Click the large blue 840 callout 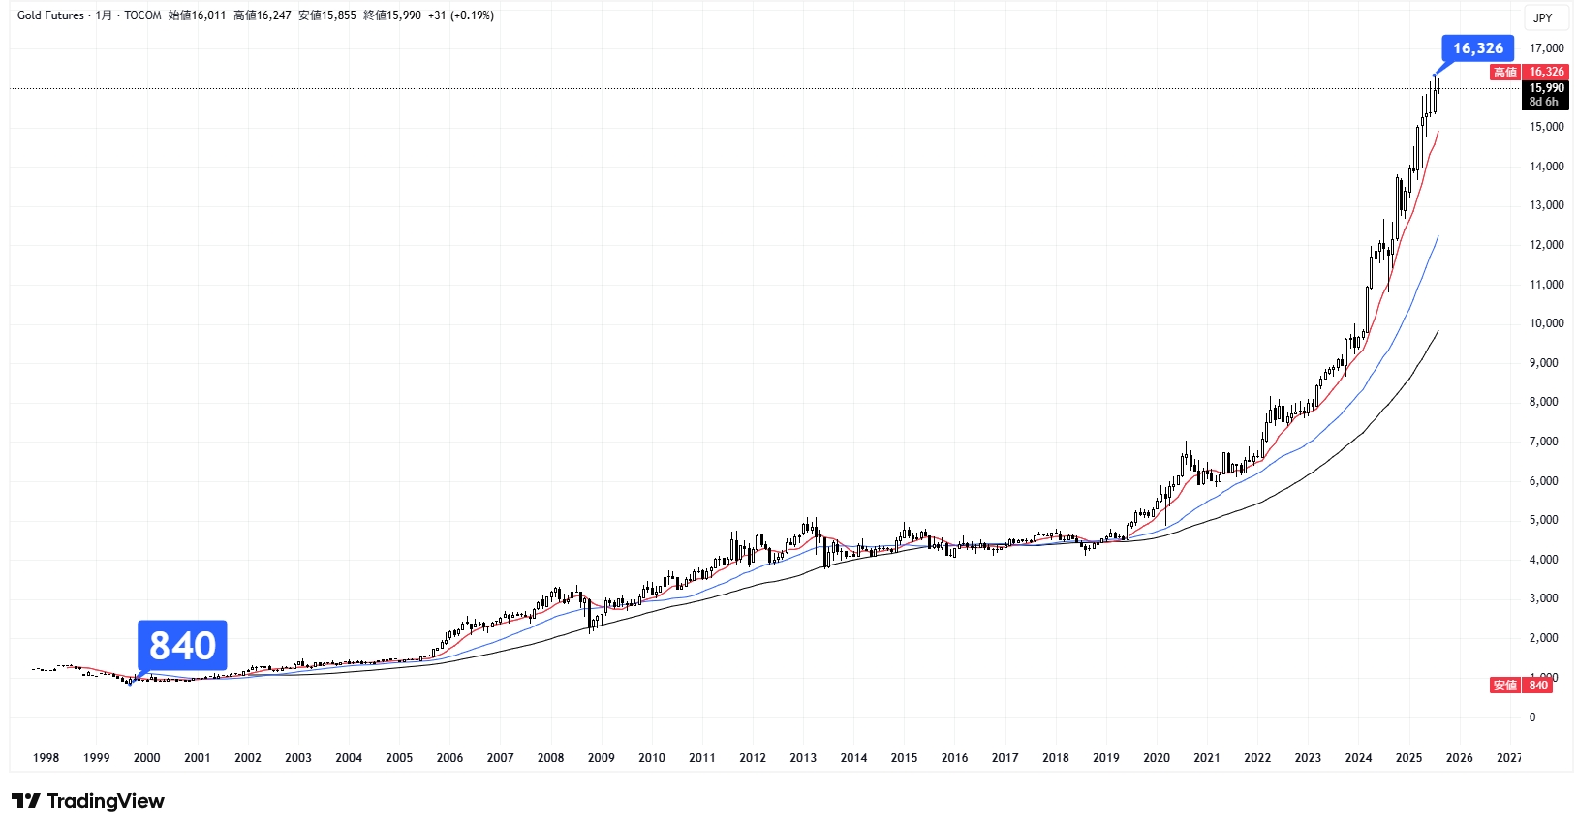tap(182, 646)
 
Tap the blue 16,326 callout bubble tap(1477, 48)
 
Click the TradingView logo tap(88, 801)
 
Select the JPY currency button tap(1543, 17)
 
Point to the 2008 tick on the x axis tap(550, 758)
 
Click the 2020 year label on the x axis tap(1156, 758)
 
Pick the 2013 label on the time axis tap(803, 758)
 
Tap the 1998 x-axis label tap(46, 758)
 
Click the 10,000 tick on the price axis tap(1546, 323)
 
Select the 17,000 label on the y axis tap(1546, 48)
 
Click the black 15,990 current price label tap(1546, 88)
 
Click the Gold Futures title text tap(50, 15)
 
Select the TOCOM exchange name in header tap(142, 15)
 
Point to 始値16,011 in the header tap(197, 15)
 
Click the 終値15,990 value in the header tap(391, 15)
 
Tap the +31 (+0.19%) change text tap(461, 15)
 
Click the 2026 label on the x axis tap(1459, 758)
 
